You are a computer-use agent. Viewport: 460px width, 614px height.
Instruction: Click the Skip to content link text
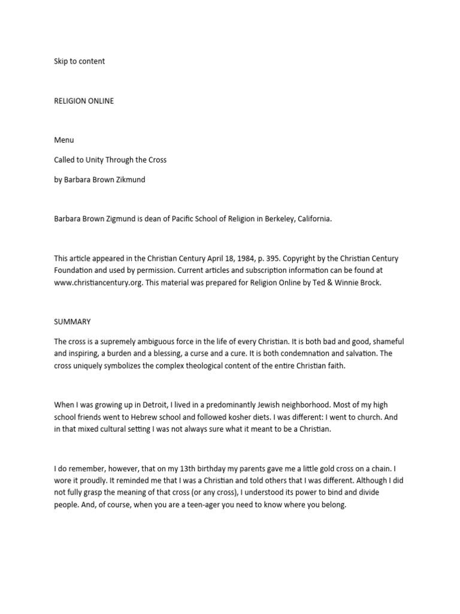79,61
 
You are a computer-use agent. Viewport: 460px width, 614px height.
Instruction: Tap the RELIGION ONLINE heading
83,101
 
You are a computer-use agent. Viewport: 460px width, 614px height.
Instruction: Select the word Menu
63,140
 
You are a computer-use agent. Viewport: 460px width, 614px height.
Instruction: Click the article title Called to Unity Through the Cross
110,160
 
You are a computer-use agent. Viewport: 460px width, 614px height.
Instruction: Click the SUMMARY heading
72,322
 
